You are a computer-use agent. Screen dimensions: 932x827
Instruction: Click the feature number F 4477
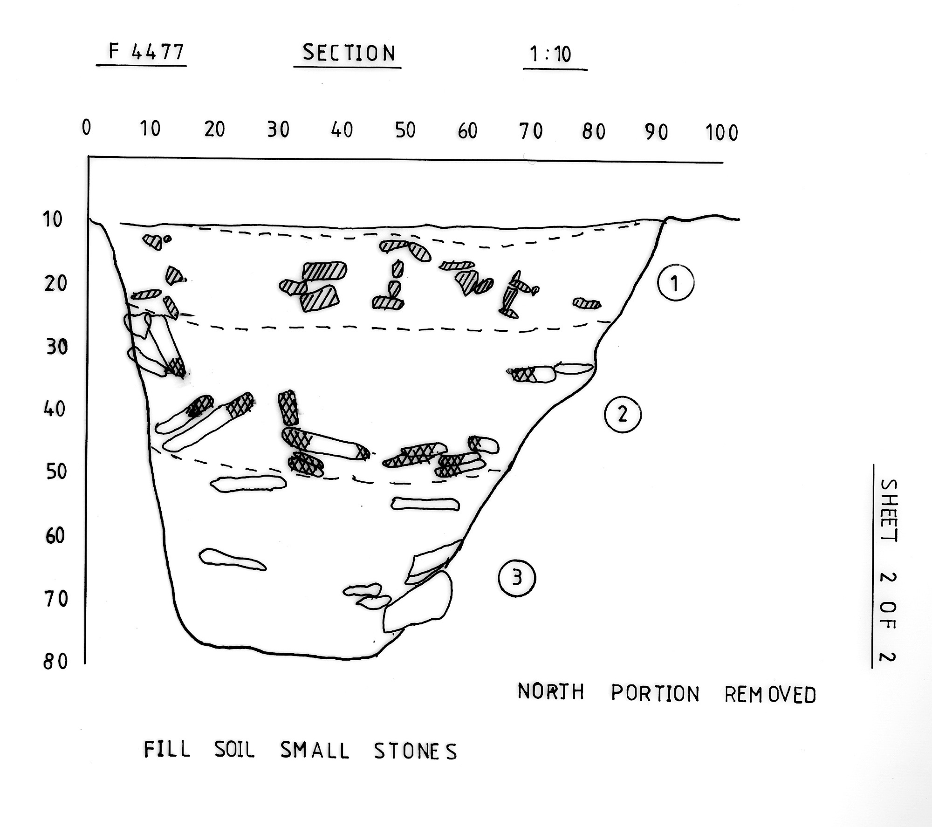[146, 52]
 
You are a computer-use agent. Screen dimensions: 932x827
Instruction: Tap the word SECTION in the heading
[349, 53]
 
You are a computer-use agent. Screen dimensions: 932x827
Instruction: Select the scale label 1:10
[550, 55]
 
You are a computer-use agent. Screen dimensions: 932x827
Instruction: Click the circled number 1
[676, 283]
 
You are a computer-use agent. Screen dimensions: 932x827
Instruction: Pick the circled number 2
[623, 414]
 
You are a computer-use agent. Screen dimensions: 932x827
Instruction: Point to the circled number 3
[517, 578]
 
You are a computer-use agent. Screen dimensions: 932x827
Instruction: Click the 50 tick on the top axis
[405, 130]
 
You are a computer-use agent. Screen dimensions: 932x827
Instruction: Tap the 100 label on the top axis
[722, 133]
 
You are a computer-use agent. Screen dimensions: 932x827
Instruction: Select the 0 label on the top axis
[86, 127]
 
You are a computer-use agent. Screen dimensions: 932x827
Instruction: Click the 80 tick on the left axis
[55, 662]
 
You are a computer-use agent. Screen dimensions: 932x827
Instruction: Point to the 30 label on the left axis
[57, 347]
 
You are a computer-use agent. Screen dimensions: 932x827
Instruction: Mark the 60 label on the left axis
[55, 536]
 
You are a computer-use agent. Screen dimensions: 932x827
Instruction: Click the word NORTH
[551, 692]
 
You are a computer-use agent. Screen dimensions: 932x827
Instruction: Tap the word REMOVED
[770, 695]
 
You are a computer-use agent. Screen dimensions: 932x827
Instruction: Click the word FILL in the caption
[167, 750]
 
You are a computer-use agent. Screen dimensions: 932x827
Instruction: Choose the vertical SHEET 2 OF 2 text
[888, 571]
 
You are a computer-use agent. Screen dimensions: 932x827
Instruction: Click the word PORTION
[655, 693]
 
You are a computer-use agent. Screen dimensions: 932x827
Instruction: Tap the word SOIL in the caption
[234, 750]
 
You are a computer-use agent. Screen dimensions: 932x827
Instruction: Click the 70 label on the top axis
[531, 131]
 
